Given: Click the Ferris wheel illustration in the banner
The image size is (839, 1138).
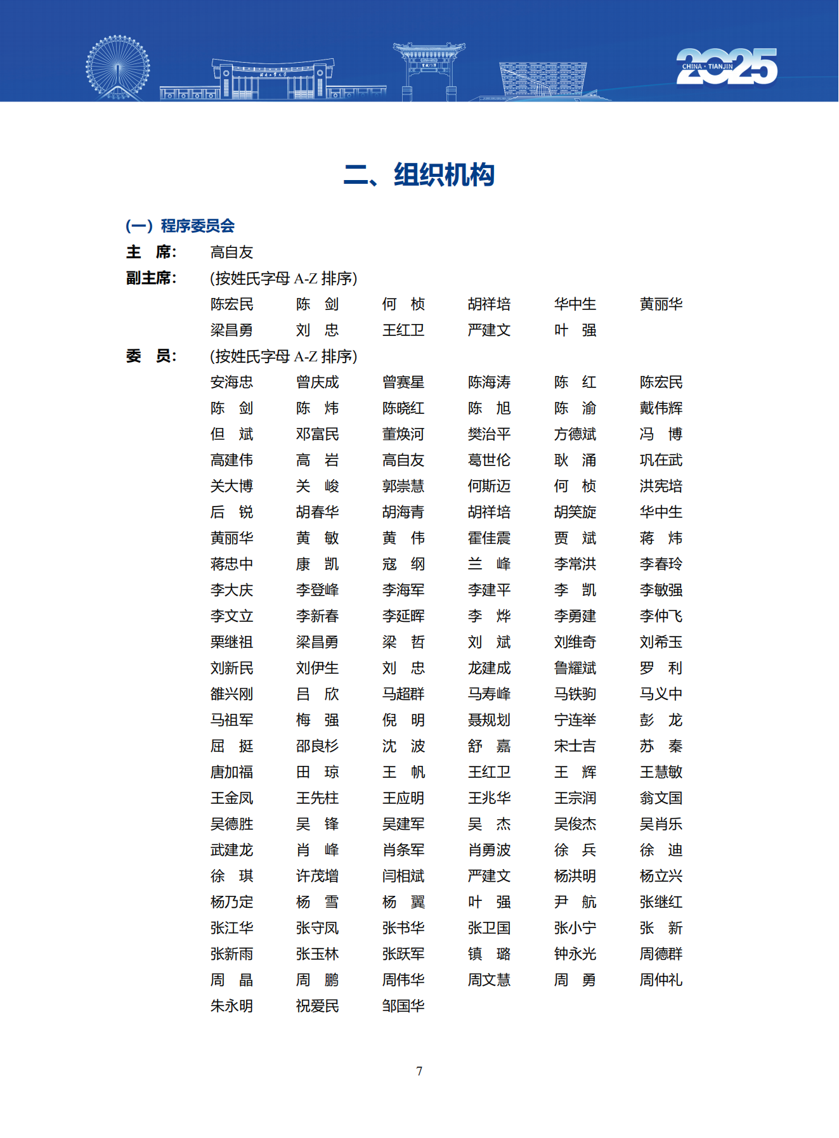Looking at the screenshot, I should pyautogui.click(x=118, y=67).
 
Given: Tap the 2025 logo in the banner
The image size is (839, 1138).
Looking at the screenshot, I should pyautogui.click(x=726, y=66).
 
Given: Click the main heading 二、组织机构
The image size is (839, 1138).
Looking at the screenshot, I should pyautogui.click(x=419, y=175).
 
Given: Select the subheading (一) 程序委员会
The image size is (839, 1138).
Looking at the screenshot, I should pyautogui.click(x=180, y=226).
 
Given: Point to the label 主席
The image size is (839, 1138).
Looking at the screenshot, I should pyautogui.click(x=151, y=252).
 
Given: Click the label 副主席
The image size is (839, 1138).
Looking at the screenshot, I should pyautogui.click(x=151, y=278).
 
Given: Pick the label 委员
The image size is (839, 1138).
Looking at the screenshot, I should pyautogui.click(x=151, y=356).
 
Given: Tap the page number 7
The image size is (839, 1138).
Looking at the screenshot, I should pyautogui.click(x=419, y=1071).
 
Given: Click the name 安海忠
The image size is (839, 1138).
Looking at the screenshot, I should pyautogui.click(x=231, y=382).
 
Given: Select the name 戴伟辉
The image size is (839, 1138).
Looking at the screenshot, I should pyautogui.click(x=661, y=408).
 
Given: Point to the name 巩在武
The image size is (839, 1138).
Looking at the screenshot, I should pyautogui.click(x=661, y=460).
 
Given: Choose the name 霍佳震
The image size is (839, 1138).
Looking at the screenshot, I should pyautogui.click(x=489, y=538).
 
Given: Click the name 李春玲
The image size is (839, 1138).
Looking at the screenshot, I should pyautogui.click(x=661, y=564).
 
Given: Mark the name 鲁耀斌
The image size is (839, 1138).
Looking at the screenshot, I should pyautogui.click(x=575, y=668).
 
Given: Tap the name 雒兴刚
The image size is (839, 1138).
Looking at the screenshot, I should pyautogui.click(x=231, y=694).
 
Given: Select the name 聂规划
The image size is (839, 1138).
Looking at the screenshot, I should pyautogui.click(x=489, y=720).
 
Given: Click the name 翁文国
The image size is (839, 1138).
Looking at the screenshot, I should pyautogui.click(x=661, y=798).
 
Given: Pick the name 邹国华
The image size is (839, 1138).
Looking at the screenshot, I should pyautogui.click(x=403, y=1006).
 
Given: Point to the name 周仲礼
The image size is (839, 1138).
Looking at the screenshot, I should pyautogui.click(x=661, y=980).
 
